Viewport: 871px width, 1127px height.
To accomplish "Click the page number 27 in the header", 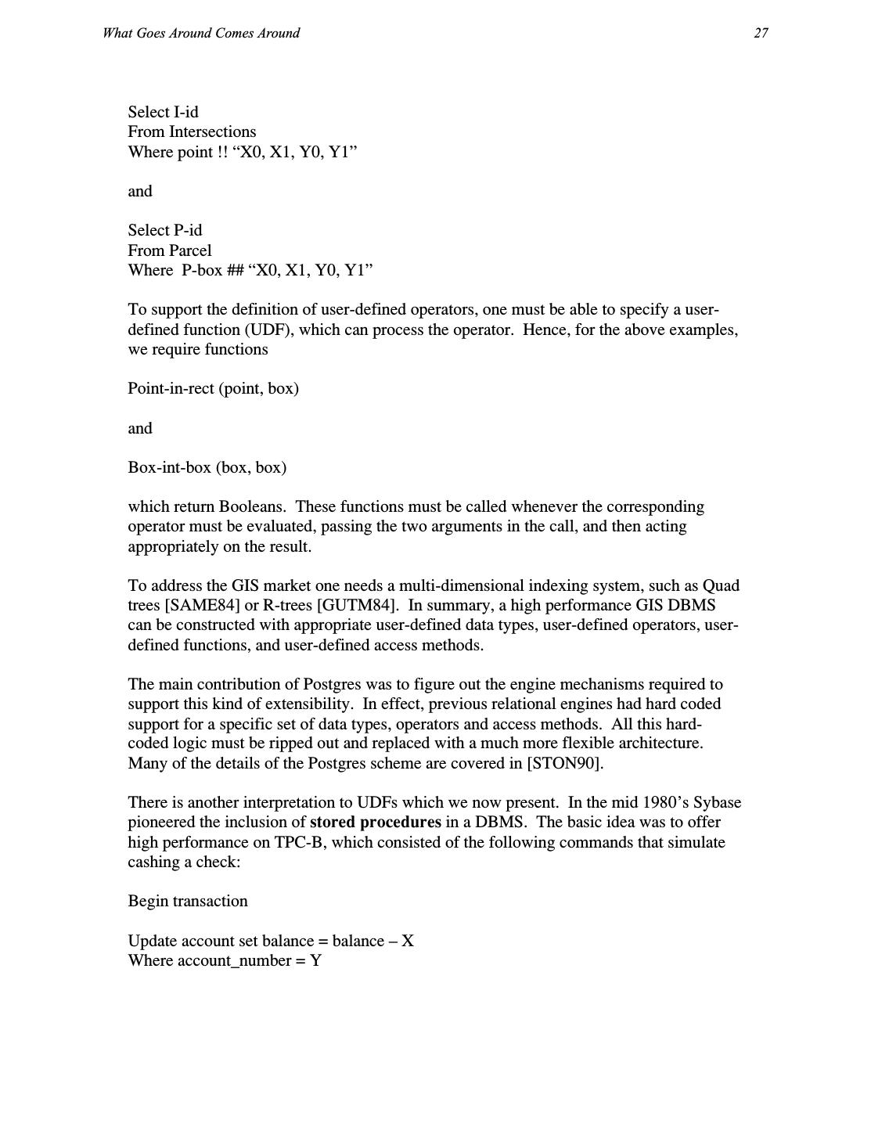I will click(761, 33).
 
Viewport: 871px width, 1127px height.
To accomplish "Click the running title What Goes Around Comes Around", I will click(200, 33).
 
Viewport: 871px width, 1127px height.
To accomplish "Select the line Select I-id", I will click(163, 112).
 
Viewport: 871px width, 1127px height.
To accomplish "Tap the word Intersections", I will click(212, 131).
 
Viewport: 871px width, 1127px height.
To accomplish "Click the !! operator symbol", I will click(222, 152).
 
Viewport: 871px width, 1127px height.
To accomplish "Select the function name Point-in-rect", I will click(170, 388).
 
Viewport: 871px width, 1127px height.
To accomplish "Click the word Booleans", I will click(253, 506).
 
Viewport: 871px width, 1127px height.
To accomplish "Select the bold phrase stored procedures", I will click(376, 822).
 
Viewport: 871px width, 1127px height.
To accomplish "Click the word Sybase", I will click(716, 802).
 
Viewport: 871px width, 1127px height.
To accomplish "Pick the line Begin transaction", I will click(188, 901).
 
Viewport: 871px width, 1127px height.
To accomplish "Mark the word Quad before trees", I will click(721, 585).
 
